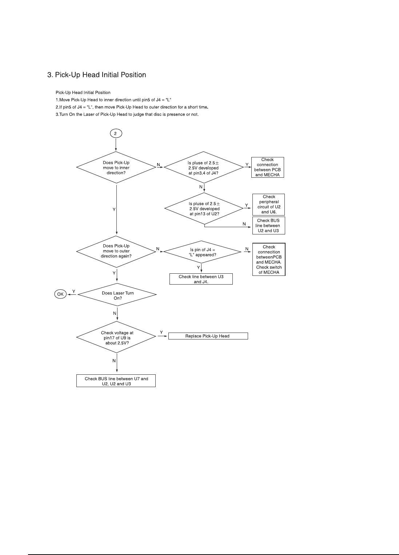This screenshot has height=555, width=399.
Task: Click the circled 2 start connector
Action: pos(116,133)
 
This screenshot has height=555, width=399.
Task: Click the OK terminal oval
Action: pos(60,294)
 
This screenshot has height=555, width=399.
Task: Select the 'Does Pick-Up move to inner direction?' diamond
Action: pos(116,168)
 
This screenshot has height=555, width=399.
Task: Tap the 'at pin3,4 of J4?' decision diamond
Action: pos(203,168)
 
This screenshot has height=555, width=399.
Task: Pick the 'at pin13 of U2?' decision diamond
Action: pos(204,209)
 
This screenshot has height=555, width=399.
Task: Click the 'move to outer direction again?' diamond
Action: pos(116,251)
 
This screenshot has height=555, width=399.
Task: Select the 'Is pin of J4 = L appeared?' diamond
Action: pos(203,252)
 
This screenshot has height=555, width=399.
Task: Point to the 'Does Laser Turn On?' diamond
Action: pos(117,295)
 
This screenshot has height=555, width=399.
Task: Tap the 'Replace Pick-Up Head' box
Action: pos(207,336)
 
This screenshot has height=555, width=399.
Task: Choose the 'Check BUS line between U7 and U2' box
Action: pos(116,381)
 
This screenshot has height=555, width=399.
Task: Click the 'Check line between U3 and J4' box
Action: pos(201,279)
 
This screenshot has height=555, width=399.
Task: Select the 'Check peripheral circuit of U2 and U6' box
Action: pos(269,204)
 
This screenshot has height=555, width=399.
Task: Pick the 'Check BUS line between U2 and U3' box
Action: pos(268,225)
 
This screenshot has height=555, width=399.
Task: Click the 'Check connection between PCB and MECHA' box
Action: pos(267,167)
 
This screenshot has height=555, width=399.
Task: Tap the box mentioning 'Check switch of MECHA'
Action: pos(269,259)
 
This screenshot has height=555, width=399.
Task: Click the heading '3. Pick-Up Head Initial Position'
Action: pos(97,75)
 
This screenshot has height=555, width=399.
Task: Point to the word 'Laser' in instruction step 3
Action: pos(92,114)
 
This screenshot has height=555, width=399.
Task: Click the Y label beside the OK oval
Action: pos(73,291)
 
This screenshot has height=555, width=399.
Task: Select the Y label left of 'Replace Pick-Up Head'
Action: pos(161,332)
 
